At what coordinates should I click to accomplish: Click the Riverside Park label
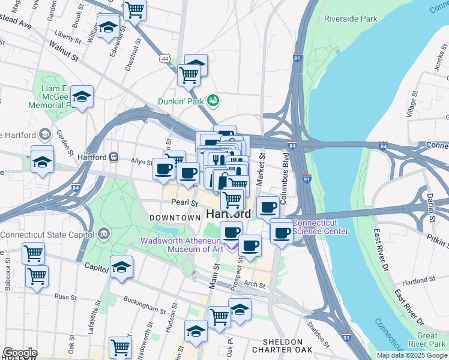click(351, 19)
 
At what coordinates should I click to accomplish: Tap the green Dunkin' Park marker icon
click(212, 99)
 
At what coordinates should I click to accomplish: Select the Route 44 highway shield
click(165, 58)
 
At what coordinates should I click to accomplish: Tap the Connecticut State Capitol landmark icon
click(104, 233)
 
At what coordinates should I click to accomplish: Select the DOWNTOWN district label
click(175, 217)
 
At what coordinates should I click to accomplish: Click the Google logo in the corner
click(19, 353)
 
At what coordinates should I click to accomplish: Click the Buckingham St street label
click(143, 304)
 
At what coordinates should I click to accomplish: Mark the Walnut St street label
click(64, 51)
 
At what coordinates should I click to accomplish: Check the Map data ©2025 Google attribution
click(412, 355)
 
